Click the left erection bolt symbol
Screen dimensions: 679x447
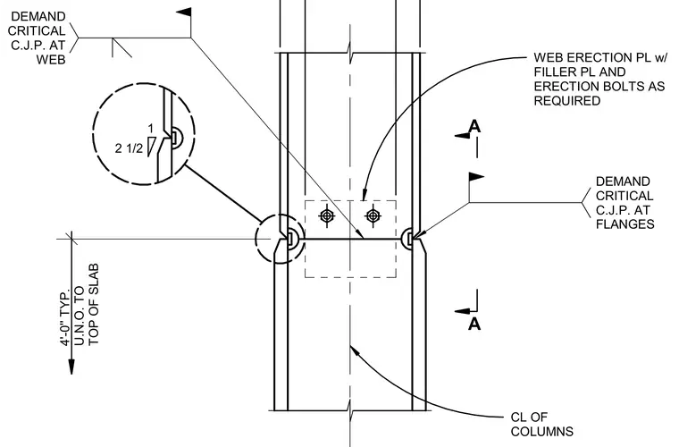(x=326, y=215)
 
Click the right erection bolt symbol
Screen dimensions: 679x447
(x=373, y=215)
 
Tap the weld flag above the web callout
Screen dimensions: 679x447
(x=184, y=13)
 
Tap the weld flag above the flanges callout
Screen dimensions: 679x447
(x=476, y=177)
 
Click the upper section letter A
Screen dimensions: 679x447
(x=474, y=126)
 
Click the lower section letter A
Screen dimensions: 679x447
(x=474, y=324)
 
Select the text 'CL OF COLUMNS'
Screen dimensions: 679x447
(x=541, y=424)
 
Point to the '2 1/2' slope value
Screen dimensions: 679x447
(x=129, y=148)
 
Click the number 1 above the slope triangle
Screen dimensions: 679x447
(x=150, y=129)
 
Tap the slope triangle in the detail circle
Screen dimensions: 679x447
(x=150, y=147)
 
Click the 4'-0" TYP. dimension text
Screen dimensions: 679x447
(x=65, y=318)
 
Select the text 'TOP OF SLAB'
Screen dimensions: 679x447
(x=94, y=304)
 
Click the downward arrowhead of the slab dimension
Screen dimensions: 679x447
(x=71, y=366)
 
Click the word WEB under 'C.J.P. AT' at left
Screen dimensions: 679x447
(x=51, y=59)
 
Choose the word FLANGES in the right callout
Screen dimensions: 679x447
(x=625, y=223)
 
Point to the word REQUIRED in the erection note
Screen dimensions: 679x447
(x=566, y=100)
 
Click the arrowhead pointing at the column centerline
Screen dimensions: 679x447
(x=354, y=350)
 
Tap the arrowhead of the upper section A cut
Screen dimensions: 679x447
(x=462, y=136)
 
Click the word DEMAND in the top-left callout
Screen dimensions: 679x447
(x=38, y=16)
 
